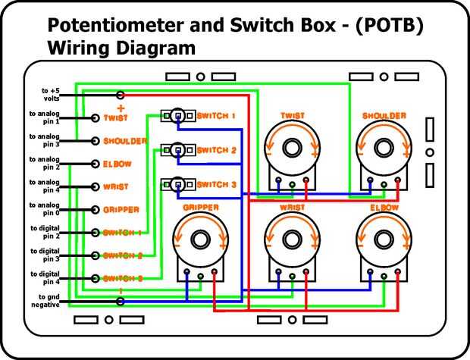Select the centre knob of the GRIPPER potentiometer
pos(201,239)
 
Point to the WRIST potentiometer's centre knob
pos(292,239)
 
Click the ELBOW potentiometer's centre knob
pos(383,239)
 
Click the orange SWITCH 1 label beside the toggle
pos(217,116)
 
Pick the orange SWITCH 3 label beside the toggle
pos(217,184)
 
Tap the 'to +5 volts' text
pos(51,95)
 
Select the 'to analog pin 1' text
pos(45,117)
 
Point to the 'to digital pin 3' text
pos(45,255)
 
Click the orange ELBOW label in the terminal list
pos(117,164)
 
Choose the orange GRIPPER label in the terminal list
pos(121,209)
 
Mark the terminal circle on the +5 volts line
pos(121,95)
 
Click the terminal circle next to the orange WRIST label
pos(96,186)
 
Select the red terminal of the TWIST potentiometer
pos(305,182)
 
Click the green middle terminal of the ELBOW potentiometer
pos(383,277)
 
